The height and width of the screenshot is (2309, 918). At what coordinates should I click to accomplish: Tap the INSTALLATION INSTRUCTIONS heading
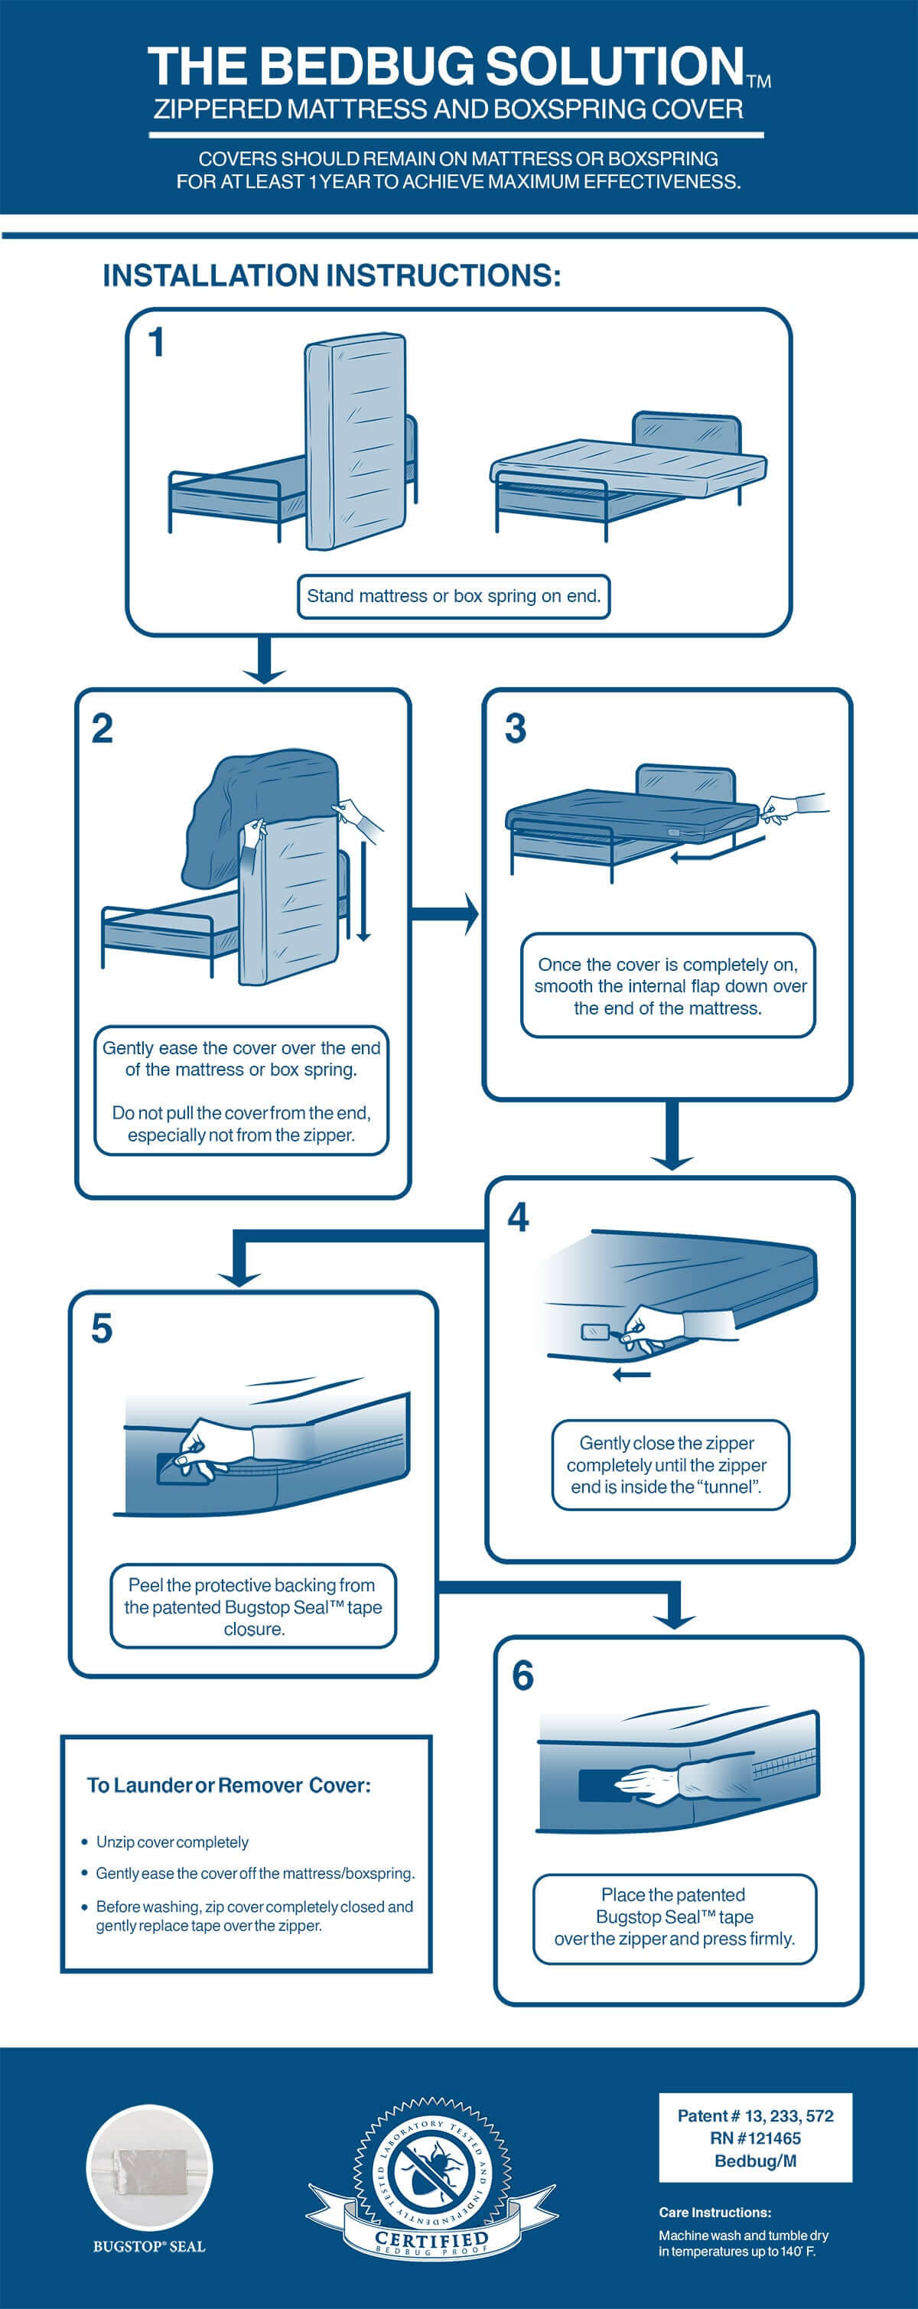pyautogui.click(x=332, y=275)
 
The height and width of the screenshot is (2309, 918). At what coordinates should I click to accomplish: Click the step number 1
pyautogui.click(x=157, y=344)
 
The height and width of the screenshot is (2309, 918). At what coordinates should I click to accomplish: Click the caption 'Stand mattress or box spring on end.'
pyautogui.click(x=454, y=596)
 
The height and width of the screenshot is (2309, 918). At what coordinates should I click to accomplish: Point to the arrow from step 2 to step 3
pyautogui.click(x=444, y=914)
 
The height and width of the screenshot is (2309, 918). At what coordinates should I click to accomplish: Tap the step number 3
pyautogui.click(x=516, y=728)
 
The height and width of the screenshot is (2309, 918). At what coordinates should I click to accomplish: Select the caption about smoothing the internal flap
pyautogui.click(x=669, y=986)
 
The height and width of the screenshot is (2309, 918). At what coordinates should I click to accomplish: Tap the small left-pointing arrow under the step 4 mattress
pyautogui.click(x=632, y=1375)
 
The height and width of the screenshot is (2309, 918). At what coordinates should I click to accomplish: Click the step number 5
pyautogui.click(x=103, y=1328)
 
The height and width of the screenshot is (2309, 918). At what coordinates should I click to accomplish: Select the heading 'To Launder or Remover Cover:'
pyautogui.click(x=229, y=1785)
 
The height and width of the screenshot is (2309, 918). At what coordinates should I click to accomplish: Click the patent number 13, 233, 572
pyautogui.click(x=755, y=2115)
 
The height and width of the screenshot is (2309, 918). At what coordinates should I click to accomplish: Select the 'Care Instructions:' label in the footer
pyautogui.click(x=715, y=2212)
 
